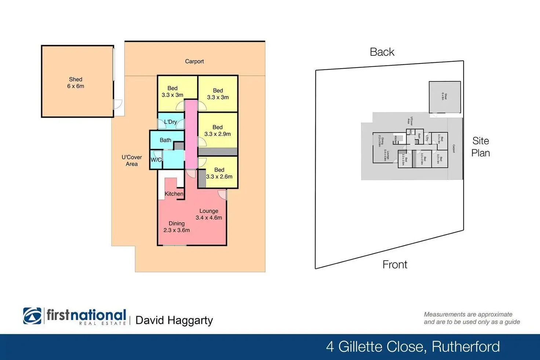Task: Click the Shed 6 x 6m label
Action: (x=76, y=83)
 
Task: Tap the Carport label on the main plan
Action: (x=194, y=61)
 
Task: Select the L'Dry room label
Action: (x=171, y=122)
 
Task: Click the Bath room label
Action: (x=165, y=140)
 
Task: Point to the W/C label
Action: (x=156, y=160)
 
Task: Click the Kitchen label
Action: (x=174, y=194)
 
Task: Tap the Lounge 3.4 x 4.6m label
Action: (x=209, y=214)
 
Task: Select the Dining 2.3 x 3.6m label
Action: (x=176, y=227)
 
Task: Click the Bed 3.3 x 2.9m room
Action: (x=218, y=131)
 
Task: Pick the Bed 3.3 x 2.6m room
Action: (x=219, y=173)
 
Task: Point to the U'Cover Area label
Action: (x=132, y=160)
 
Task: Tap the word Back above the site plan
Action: (x=382, y=52)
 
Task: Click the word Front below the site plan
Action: (x=395, y=265)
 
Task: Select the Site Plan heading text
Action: (x=481, y=147)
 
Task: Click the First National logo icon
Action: (x=33, y=316)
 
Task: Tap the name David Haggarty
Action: (x=174, y=320)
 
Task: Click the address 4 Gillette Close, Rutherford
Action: (x=413, y=347)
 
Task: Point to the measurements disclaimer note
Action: (x=472, y=318)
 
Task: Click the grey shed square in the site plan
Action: (x=445, y=97)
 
